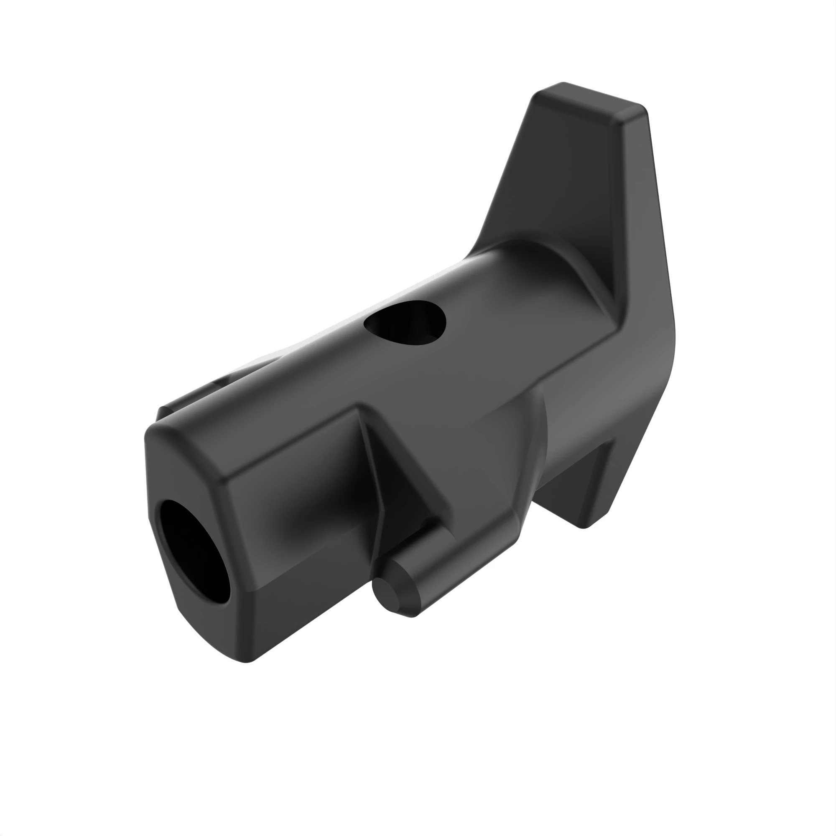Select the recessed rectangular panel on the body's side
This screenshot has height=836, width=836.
click(x=298, y=476)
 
